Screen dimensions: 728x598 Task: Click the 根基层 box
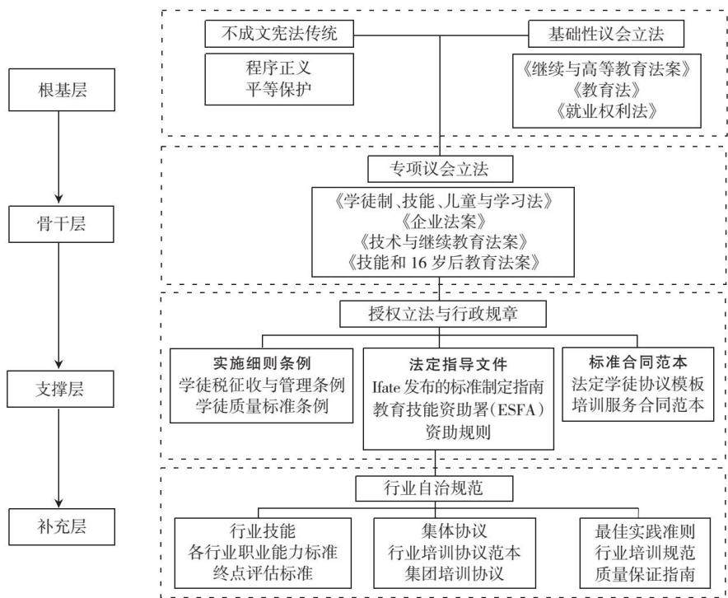(x=62, y=90)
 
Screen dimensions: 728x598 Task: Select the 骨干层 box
(x=61, y=224)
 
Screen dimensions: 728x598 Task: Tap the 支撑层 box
(x=60, y=389)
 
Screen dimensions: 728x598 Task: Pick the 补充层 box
(x=62, y=526)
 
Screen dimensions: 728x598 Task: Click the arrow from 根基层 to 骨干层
(x=58, y=158)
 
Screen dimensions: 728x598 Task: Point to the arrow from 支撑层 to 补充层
(x=58, y=457)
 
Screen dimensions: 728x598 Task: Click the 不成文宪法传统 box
(x=279, y=34)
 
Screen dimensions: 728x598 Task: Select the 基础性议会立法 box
(x=606, y=34)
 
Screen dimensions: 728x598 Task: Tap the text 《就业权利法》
(x=606, y=111)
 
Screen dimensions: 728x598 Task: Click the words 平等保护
(x=278, y=89)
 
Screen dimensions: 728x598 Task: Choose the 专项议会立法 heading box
(x=440, y=169)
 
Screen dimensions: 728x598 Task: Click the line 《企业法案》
(x=443, y=222)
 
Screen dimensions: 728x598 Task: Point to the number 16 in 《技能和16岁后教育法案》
(x=418, y=264)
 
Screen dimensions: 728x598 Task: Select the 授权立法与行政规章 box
(x=443, y=315)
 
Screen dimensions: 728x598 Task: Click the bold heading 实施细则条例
(x=262, y=363)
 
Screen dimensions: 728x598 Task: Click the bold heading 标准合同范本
(x=638, y=362)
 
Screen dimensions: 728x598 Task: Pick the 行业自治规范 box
(x=435, y=488)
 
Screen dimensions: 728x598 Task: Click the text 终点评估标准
(x=263, y=573)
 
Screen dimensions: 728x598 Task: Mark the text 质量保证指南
(x=646, y=574)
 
